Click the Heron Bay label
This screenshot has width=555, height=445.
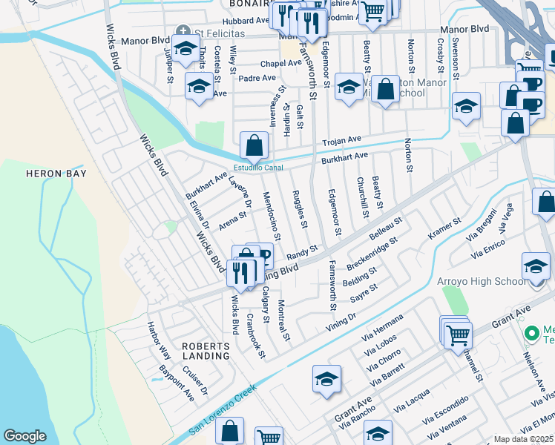(56, 174)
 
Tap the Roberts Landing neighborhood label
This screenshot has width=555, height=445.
(206, 351)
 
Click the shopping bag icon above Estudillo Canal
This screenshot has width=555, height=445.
(254, 145)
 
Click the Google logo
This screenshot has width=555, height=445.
(24, 436)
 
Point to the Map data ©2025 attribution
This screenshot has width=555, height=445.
(522, 439)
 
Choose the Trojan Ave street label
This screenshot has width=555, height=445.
(341, 139)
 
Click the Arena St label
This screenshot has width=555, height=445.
(232, 220)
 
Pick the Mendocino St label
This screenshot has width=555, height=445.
(272, 216)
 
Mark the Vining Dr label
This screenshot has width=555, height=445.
(341, 321)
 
